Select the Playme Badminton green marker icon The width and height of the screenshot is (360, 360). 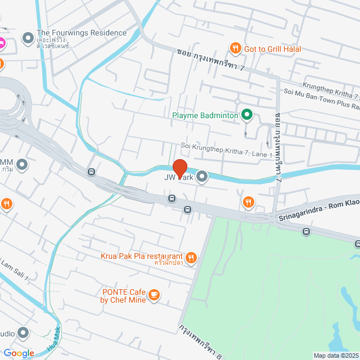coord(246,116)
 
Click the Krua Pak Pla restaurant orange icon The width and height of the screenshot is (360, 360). coord(192,258)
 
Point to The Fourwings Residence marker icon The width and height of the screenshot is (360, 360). coord(27,38)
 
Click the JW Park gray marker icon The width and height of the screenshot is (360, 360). coord(202,178)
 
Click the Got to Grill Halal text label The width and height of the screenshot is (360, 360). coord(273,49)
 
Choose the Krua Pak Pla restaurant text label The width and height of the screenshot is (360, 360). coord(142,256)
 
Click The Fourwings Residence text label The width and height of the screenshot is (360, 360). coord(82,33)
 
